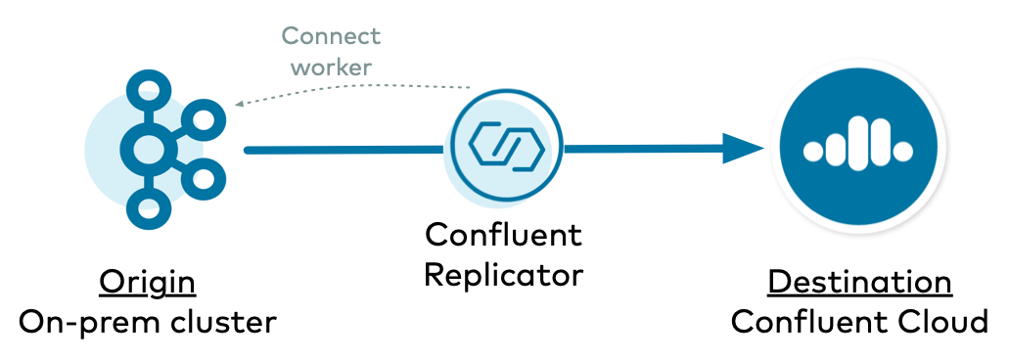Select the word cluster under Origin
point(219,321)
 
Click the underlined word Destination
point(859,282)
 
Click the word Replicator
point(503,275)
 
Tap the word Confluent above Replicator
point(503,235)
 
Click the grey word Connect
point(331,36)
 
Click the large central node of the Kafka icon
point(149,149)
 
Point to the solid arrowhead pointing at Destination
point(747,149)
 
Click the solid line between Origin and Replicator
point(343,150)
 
